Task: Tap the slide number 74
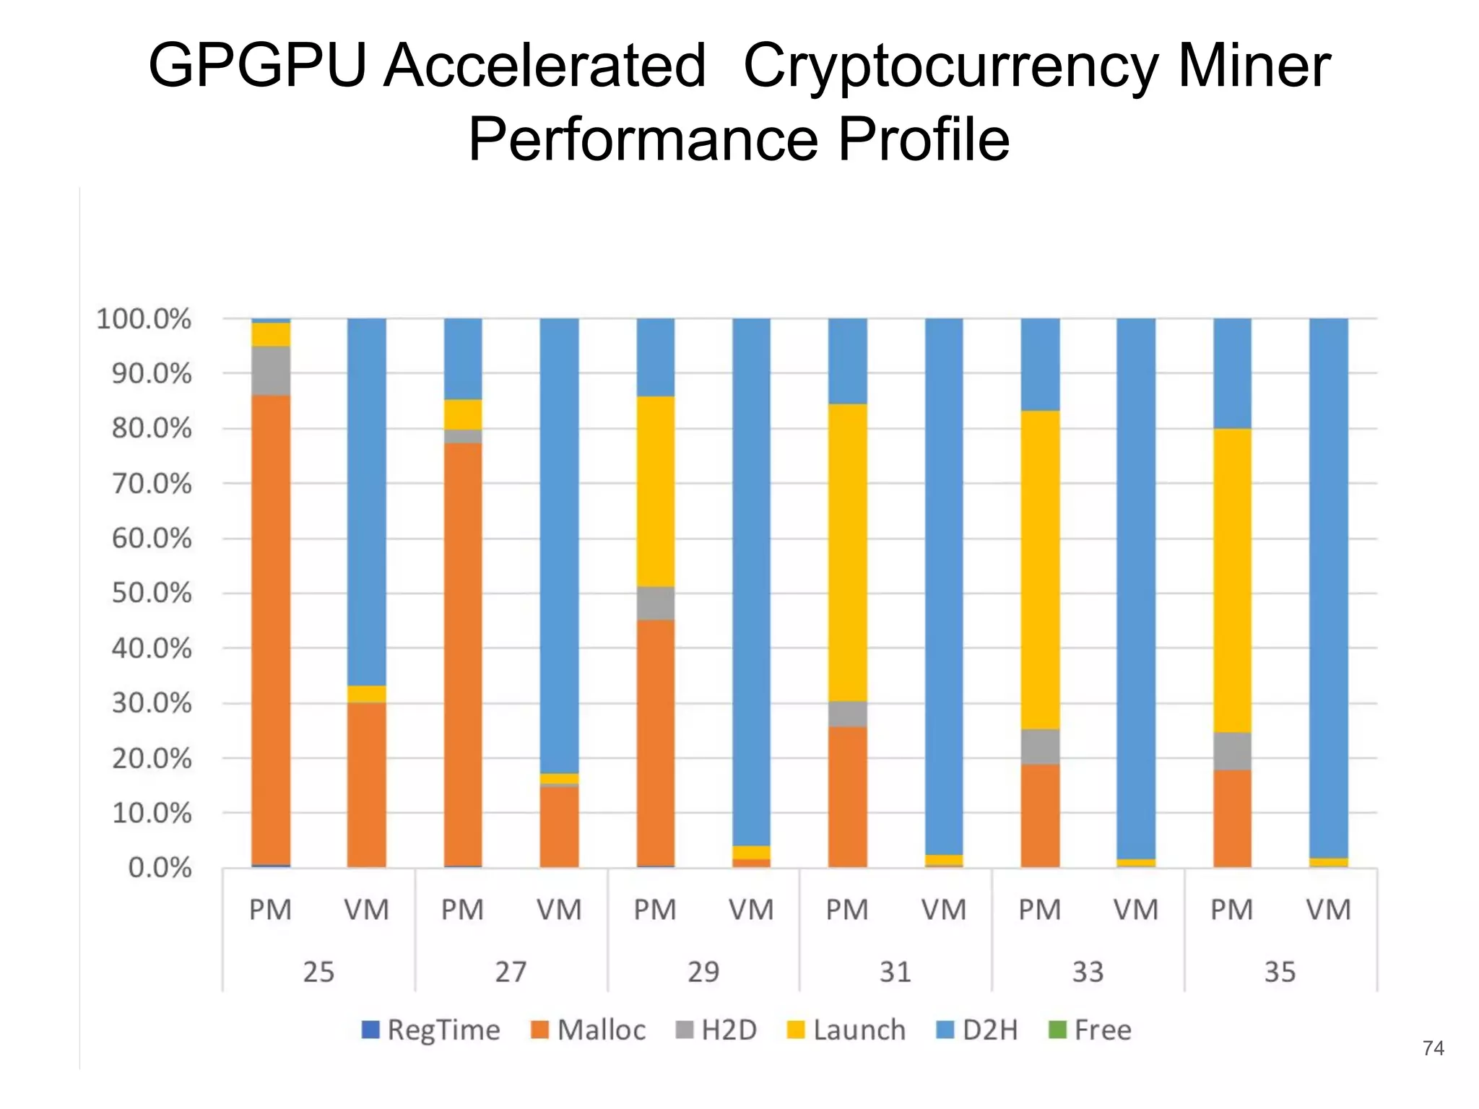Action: click(1433, 1048)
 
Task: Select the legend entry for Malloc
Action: click(589, 1030)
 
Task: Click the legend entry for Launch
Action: click(846, 1030)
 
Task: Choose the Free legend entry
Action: click(1090, 1030)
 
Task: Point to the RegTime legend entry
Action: click(431, 1030)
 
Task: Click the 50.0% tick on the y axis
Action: click(152, 593)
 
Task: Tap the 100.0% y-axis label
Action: click(144, 319)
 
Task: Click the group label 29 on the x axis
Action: click(703, 972)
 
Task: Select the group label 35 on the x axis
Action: click(1280, 972)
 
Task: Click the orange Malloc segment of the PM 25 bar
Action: click(271, 628)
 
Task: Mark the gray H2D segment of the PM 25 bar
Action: click(271, 371)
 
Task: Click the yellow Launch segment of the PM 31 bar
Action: click(848, 552)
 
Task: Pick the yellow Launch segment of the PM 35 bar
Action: click(1232, 580)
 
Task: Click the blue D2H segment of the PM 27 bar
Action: click(463, 359)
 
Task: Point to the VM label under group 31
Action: click(944, 910)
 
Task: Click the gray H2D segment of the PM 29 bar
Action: click(656, 604)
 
